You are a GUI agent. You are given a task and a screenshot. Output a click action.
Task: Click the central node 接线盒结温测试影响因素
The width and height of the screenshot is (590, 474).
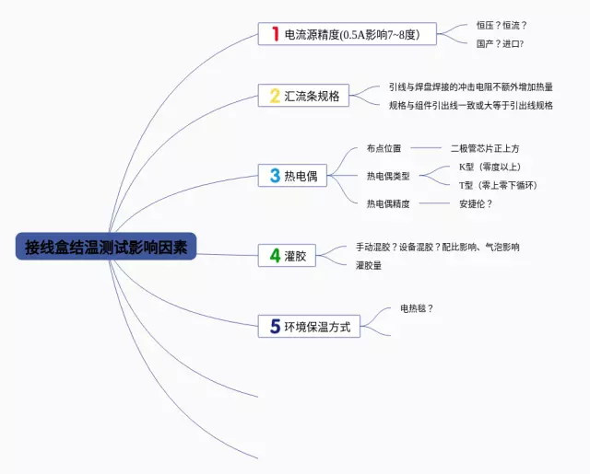click(x=106, y=246)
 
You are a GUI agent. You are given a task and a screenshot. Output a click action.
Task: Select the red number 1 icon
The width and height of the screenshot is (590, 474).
click(x=274, y=35)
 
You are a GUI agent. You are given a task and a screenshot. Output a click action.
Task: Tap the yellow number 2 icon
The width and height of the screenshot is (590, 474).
click(x=274, y=96)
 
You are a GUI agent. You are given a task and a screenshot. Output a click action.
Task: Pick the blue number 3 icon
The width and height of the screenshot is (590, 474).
click(x=275, y=176)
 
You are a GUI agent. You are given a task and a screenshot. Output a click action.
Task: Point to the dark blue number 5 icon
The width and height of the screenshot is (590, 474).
click(x=275, y=326)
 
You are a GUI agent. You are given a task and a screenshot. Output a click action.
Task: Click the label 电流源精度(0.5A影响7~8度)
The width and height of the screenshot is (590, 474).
click(x=351, y=35)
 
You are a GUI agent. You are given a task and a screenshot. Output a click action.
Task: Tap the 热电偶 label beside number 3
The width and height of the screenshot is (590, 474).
click(x=301, y=176)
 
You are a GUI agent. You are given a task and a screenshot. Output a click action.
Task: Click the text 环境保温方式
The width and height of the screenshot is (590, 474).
click(x=317, y=327)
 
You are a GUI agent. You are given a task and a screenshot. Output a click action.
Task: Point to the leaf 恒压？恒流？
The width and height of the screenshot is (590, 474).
click(x=502, y=26)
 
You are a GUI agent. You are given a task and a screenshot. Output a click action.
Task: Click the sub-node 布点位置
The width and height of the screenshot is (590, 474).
click(x=383, y=147)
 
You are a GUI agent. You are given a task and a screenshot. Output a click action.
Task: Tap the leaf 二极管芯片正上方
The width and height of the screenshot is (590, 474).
click(x=485, y=147)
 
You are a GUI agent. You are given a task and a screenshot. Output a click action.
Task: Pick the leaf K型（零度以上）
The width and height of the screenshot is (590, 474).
click(x=490, y=167)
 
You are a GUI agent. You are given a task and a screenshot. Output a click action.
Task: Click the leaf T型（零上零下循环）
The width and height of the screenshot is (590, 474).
click(x=498, y=185)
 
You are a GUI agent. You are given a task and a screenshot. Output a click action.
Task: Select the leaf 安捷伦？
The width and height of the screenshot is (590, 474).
click(x=476, y=203)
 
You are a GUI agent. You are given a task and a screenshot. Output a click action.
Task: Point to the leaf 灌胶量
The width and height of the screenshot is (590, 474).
click(x=369, y=265)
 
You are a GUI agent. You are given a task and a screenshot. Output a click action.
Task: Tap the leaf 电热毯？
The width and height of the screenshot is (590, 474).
click(x=417, y=308)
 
